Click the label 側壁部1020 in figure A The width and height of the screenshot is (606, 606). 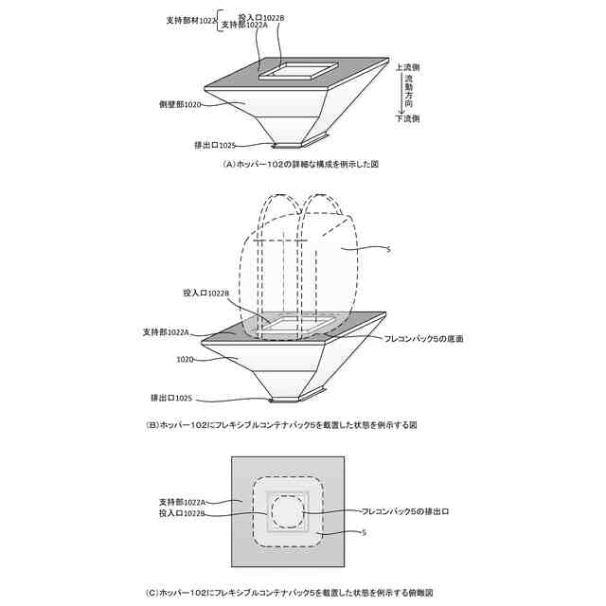[x=180, y=103]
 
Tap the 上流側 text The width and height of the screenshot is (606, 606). [x=409, y=67]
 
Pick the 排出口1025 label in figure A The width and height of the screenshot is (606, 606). [x=214, y=145]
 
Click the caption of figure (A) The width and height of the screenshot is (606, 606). [x=300, y=164]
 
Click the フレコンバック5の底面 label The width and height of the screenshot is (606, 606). [x=423, y=338]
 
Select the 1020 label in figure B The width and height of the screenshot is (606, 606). [x=187, y=360]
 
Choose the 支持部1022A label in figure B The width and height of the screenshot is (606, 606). [x=167, y=332]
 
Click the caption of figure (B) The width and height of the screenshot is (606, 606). [x=281, y=425]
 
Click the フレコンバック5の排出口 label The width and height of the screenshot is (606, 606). [x=404, y=512]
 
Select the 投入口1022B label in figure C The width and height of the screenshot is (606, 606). [x=182, y=512]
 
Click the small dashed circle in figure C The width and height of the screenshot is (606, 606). [x=285, y=513]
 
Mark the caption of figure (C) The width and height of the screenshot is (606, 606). [x=289, y=593]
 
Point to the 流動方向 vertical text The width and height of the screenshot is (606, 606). [x=409, y=93]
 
